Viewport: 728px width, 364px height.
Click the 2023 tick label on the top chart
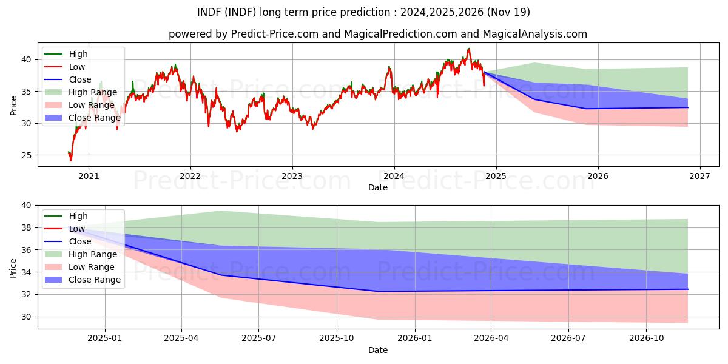(292, 176)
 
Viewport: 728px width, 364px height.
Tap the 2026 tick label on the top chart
(598, 176)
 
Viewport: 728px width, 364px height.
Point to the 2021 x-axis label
(89, 176)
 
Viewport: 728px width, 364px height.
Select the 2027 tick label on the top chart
(699, 176)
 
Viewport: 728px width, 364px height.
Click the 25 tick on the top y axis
(27, 155)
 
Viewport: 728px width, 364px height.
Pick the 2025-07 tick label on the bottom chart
(258, 339)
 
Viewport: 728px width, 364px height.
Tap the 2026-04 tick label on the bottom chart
(491, 339)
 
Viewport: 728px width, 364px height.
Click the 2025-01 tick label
(104, 339)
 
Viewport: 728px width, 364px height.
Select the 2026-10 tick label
(646, 339)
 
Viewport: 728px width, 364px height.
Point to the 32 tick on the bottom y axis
(27, 295)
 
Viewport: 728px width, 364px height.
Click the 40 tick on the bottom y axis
(27, 206)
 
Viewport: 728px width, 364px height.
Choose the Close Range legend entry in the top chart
(83, 118)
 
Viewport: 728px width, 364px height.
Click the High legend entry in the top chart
(66, 54)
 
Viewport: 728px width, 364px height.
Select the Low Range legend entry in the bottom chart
(79, 267)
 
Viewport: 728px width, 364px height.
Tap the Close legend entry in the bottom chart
(67, 241)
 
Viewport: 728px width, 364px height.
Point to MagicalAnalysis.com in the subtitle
(534, 34)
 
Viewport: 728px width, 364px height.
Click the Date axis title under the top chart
(377, 187)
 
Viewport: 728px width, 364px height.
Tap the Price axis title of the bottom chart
(13, 268)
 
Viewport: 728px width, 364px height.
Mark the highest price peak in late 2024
(468, 49)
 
